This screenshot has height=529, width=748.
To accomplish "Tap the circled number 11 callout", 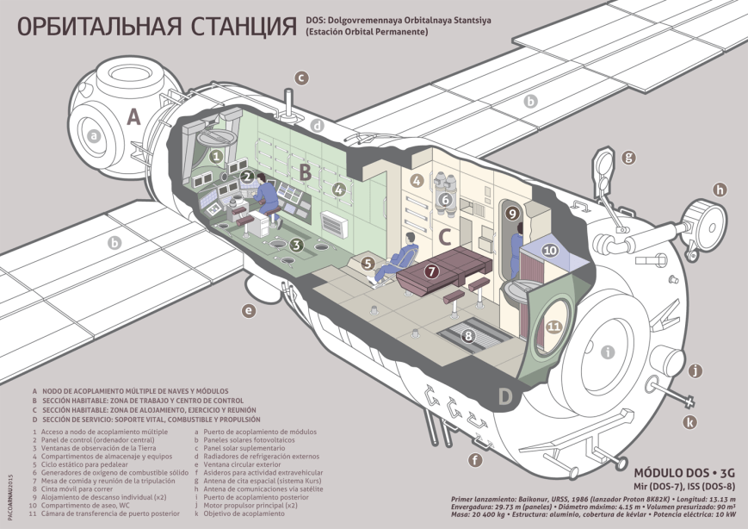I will tap(554, 327).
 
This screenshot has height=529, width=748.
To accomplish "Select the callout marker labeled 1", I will tap(216, 157).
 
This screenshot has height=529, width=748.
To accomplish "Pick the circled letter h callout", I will tap(720, 190).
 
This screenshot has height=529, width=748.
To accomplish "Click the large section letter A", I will tap(133, 118).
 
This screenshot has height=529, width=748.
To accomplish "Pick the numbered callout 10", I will tap(550, 250).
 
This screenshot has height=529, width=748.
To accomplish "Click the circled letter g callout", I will tap(629, 158).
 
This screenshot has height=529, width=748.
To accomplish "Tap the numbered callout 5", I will tap(368, 264).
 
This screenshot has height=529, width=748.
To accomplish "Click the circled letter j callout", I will tap(697, 371).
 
